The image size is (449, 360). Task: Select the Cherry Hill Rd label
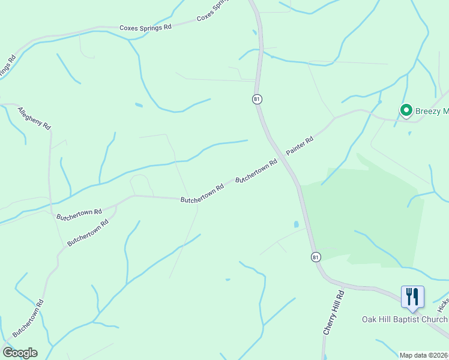coord(334,313)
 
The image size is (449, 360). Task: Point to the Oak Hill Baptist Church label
coord(404,319)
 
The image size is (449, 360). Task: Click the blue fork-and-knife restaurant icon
coord(412,297)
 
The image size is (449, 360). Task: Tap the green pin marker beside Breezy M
coord(406,110)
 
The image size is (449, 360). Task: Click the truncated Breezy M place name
coord(432,111)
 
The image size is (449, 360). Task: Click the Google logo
coord(20,353)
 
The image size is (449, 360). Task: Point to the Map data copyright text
coord(424,355)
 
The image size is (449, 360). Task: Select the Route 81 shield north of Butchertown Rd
coord(257,99)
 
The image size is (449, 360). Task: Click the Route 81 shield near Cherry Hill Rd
coord(316,257)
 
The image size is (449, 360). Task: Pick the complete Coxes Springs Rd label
coord(145,28)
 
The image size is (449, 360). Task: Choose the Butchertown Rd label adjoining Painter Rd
coord(256,171)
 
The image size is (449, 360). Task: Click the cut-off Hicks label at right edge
coord(443,305)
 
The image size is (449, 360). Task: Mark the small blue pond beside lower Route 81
coord(297,224)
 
